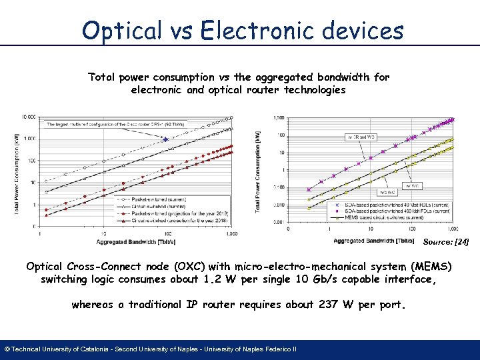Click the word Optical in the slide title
(120, 31)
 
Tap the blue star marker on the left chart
(165, 139)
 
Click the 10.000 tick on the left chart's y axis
(29, 117)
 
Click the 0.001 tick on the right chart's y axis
(278, 222)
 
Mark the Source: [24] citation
(446, 243)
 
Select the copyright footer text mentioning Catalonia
(151, 349)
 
